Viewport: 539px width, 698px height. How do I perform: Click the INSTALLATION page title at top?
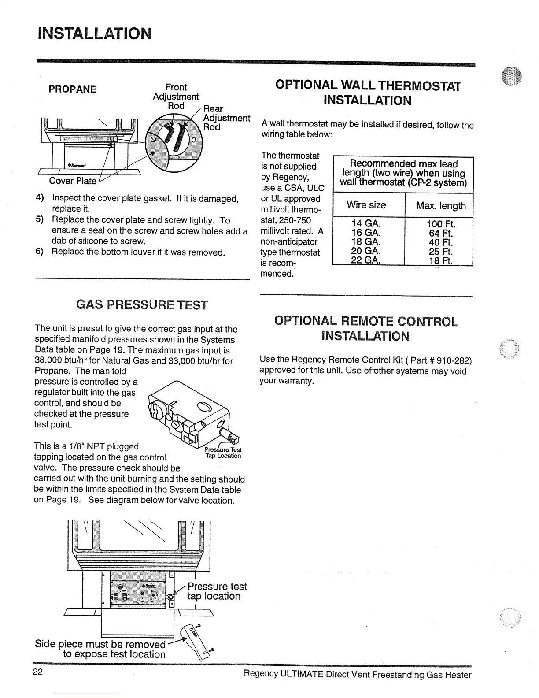pos(95,33)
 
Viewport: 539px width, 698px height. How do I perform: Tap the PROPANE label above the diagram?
pos(72,89)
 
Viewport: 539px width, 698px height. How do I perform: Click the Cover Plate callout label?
pos(73,181)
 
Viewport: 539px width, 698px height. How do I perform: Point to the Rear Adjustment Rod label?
pos(226,118)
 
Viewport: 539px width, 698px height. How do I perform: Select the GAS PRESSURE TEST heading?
pos(142,304)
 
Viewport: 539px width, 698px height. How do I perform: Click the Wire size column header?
pos(366,205)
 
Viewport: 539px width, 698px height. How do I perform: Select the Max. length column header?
pos(440,205)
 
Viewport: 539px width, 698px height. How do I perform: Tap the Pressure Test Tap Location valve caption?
pos(223,453)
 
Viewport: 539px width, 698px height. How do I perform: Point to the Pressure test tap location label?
pos(217,591)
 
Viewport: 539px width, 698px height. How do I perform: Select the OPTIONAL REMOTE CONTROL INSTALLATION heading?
pos(366,328)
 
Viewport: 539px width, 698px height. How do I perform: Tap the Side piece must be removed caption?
pos(100,649)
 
